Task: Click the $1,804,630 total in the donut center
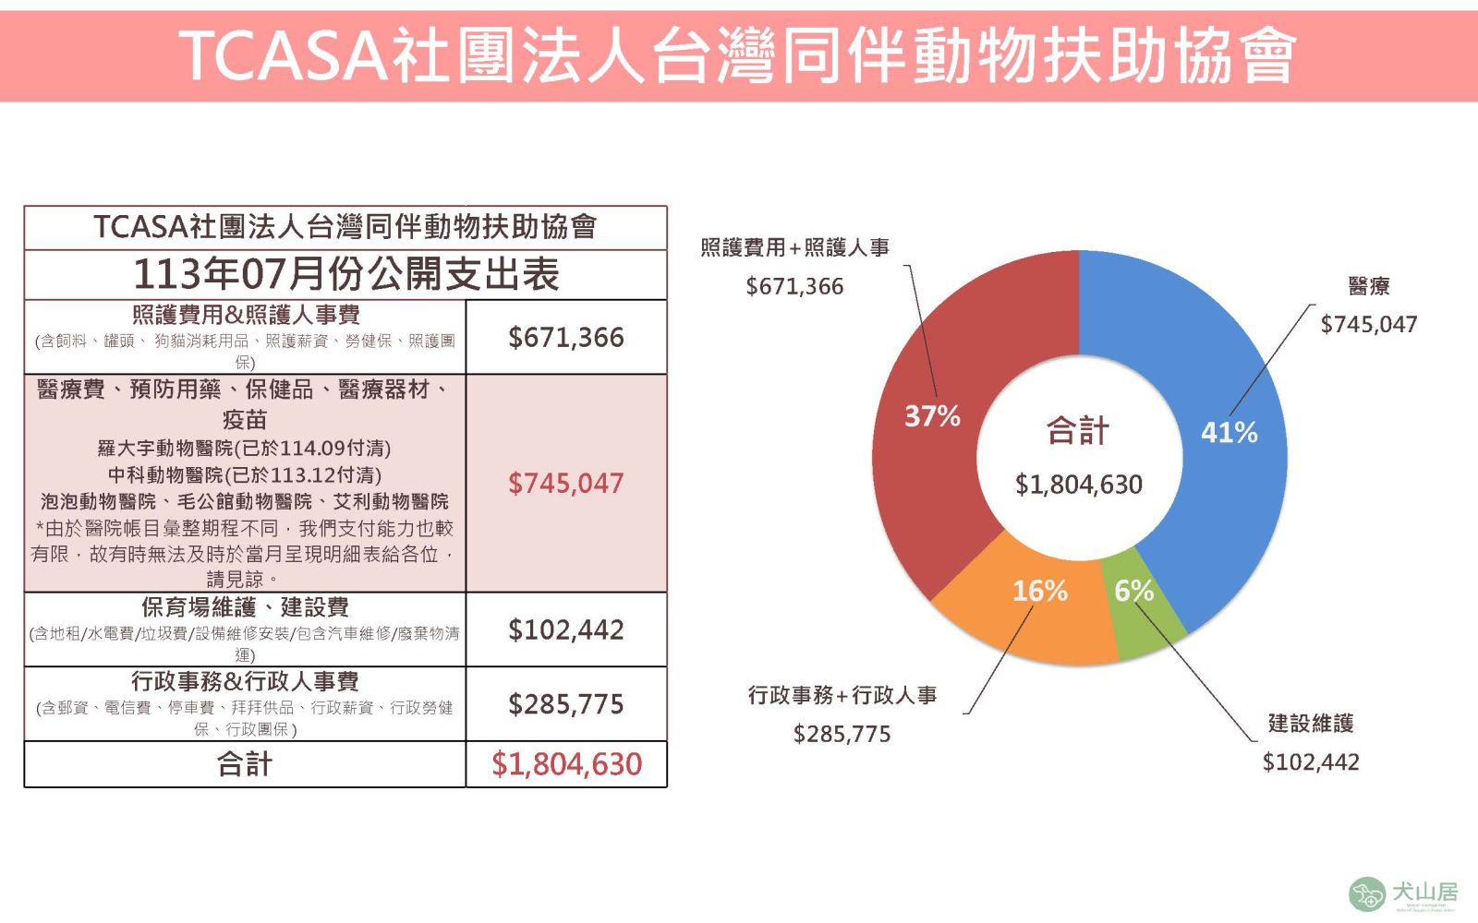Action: (1078, 485)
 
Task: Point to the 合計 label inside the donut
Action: (1077, 431)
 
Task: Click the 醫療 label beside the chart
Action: (1368, 286)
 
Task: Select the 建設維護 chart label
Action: (1310, 724)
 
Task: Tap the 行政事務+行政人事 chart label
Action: (842, 695)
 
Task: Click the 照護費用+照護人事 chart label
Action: (794, 247)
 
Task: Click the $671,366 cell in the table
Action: (566, 338)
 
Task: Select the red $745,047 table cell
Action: (566, 484)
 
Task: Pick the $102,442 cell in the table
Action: (566, 630)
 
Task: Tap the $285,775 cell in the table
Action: (566, 705)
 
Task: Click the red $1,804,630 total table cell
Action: (566, 764)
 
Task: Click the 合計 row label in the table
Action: (245, 764)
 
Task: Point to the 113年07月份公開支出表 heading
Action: (345, 274)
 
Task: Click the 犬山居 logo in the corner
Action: (1403, 893)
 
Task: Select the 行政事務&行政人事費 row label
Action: (245, 682)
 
